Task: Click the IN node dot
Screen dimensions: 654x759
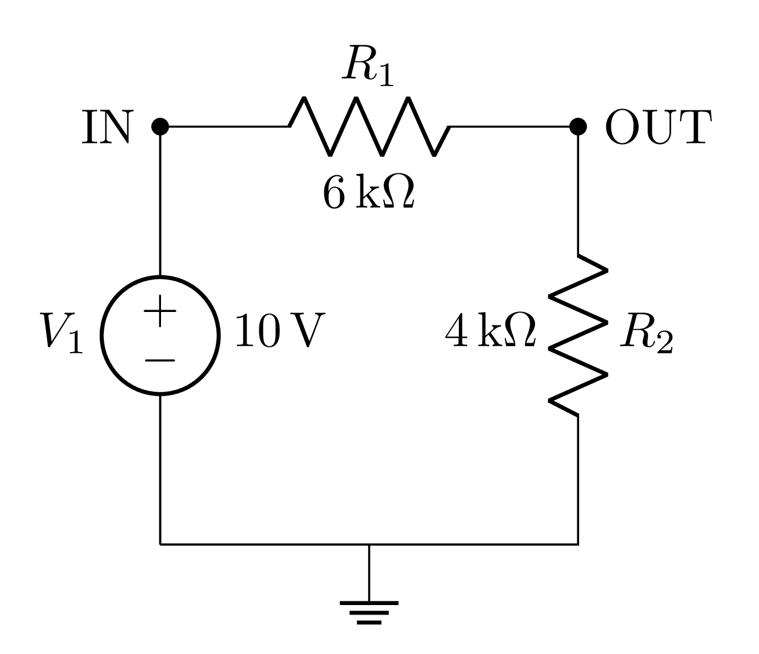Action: pos(160,126)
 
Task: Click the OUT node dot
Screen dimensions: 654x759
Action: pos(578,126)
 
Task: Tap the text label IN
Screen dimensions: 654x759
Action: pos(106,127)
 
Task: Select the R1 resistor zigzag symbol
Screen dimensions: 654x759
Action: pos(369,126)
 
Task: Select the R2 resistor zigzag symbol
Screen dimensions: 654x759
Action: pos(578,335)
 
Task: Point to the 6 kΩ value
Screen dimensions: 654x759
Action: pos(369,193)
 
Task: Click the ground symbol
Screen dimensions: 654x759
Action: pos(369,611)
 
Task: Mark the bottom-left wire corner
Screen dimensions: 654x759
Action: pos(160,544)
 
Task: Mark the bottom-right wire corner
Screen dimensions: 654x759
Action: pos(578,544)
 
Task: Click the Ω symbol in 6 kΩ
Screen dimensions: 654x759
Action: pos(399,192)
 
